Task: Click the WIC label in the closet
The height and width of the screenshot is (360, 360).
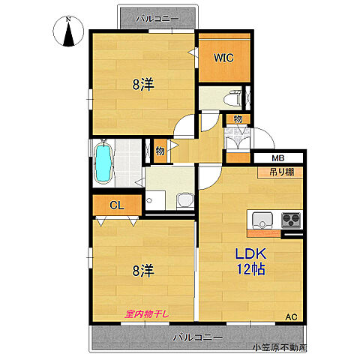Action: (x=223, y=58)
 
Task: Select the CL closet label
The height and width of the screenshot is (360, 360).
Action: (x=117, y=205)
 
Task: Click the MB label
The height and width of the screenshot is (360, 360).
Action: (x=278, y=158)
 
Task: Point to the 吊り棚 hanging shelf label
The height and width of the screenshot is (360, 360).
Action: (x=282, y=172)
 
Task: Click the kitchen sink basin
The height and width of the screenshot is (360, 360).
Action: (x=262, y=220)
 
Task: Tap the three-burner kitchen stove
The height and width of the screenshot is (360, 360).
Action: (x=291, y=220)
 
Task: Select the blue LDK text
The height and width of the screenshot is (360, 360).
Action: (x=250, y=254)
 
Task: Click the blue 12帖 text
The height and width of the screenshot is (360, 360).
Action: (x=250, y=269)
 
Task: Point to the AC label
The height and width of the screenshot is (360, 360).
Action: (x=292, y=317)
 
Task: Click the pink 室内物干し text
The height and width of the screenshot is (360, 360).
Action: (x=147, y=314)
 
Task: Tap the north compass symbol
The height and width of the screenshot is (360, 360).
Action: (x=68, y=31)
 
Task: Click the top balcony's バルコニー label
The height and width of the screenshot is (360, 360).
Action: (x=157, y=19)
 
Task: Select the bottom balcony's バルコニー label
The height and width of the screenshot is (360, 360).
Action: (x=198, y=337)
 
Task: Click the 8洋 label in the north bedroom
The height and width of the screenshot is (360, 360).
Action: (x=143, y=85)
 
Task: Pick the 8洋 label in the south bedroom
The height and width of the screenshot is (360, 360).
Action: (x=143, y=271)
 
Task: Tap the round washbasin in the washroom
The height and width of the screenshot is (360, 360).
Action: (x=185, y=199)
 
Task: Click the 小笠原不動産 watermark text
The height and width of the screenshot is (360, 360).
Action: (x=280, y=347)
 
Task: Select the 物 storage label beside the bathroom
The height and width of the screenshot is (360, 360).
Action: (x=160, y=151)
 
